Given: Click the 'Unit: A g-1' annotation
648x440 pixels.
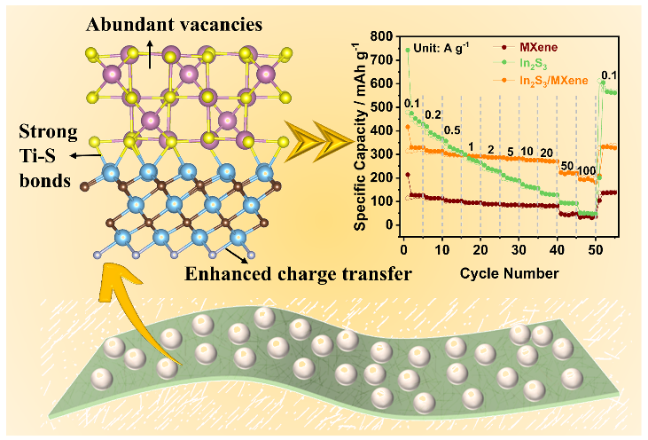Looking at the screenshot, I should point(443,45).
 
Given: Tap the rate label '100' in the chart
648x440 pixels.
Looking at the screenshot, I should point(586,170).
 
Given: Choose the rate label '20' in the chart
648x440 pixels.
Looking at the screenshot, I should point(546,152).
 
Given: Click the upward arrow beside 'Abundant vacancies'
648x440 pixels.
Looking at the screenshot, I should point(149,51).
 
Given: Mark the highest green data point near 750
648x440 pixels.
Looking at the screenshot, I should point(408,50).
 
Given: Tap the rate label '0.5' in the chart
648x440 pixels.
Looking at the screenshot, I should point(451,131).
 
